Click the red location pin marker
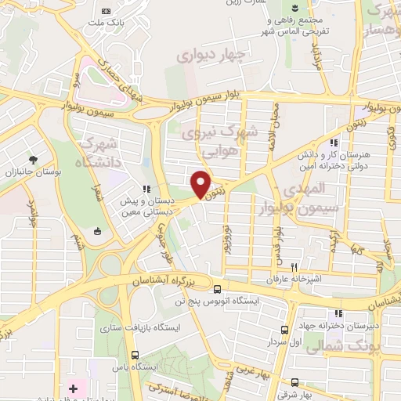click(200, 184)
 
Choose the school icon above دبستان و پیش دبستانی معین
click(146, 189)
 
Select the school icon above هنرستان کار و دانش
click(334, 143)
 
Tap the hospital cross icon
click(73, 388)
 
